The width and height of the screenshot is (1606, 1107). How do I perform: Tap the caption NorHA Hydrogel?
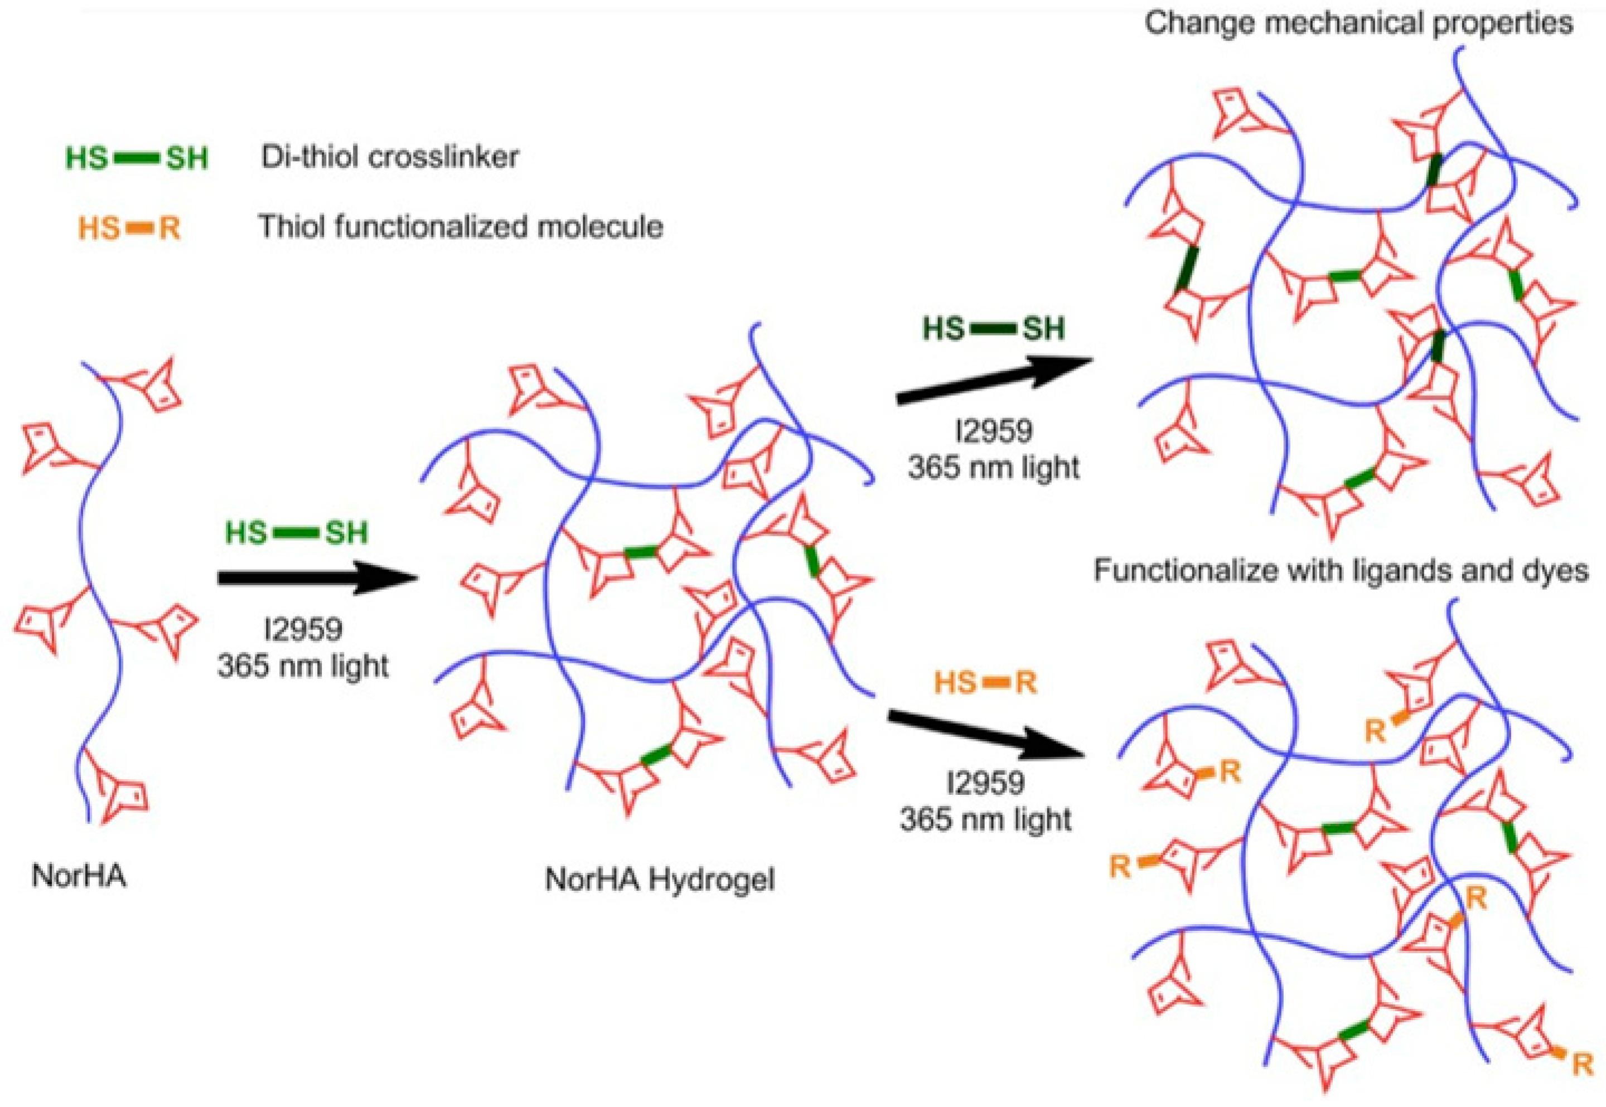click(x=659, y=880)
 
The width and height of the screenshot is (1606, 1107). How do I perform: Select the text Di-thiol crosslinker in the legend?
click(x=390, y=157)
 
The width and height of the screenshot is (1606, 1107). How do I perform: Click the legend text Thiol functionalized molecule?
click(x=461, y=226)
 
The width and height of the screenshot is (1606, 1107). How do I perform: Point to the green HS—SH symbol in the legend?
click(x=137, y=158)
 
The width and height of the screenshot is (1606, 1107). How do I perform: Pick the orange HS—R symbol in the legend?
click(x=129, y=227)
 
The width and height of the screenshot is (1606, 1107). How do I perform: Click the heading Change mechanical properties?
click(x=1358, y=23)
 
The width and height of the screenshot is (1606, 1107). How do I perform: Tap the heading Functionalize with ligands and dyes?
click(x=1341, y=570)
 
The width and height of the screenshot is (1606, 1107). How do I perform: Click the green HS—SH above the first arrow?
click(x=296, y=533)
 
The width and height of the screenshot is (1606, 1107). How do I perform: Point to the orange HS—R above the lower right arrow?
click(x=985, y=683)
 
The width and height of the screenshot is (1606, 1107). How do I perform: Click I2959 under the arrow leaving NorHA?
click(x=303, y=629)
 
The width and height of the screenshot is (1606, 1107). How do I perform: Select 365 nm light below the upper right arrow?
click(x=993, y=469)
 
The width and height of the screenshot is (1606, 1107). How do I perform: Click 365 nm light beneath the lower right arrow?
click(x=985, y=820)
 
